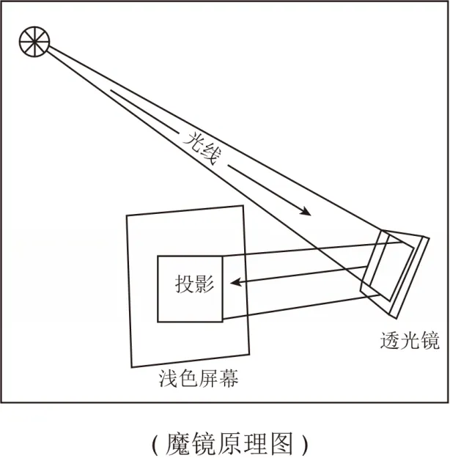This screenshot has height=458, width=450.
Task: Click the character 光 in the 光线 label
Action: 192,139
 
